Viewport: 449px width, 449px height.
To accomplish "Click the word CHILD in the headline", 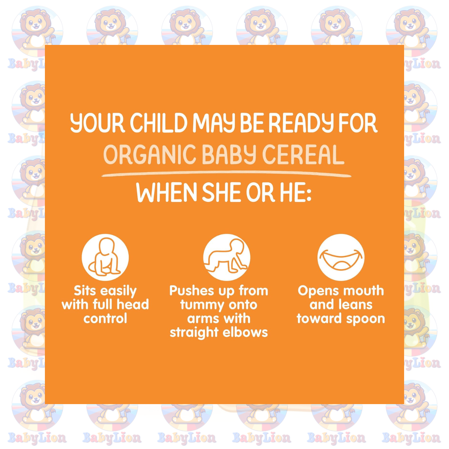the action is click(159, 123).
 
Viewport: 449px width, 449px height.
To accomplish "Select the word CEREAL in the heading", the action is click(303, 155).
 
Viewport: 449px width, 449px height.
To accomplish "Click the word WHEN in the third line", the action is click(167, 192).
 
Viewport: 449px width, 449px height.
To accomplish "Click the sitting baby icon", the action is click(105, 257).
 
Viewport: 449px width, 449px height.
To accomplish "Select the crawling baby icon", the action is click(227, 257).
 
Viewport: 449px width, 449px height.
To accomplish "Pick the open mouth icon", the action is click(341, 257).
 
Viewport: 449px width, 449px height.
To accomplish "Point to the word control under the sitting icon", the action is click(105, 318).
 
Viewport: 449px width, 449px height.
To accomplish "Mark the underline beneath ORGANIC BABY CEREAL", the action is click(226, 174).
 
